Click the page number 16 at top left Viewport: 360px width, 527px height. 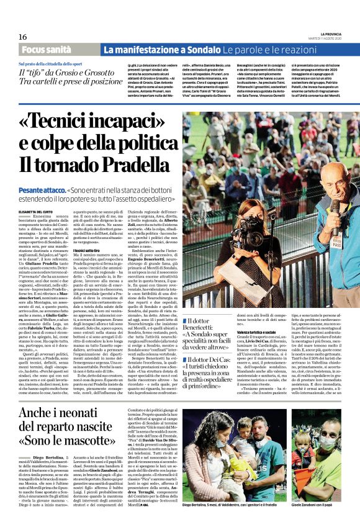pyautogui.click(x=14, y=37)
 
